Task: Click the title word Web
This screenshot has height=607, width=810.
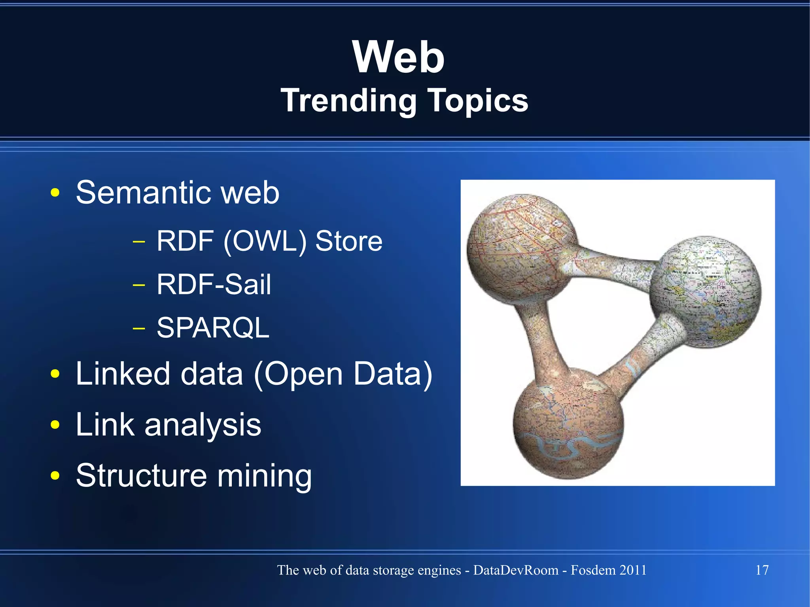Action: tap(399, 57)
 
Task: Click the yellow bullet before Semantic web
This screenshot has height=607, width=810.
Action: tap(55, 193)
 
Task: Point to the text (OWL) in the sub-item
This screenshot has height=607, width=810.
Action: tap(265, 241)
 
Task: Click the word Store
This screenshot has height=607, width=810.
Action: tap(349, 241)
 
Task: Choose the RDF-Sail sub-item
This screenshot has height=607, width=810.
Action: tap(214, 284)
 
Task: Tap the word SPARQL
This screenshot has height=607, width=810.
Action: tap(213, 328)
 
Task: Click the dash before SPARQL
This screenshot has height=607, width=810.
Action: tap(139, 328)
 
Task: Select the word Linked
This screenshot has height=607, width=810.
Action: tap(123, 374)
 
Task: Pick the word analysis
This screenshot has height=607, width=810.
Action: tap(202, 425)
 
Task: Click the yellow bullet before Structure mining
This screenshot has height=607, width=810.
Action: tap(55, 476)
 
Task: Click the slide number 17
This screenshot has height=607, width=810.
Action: tap(762, 570)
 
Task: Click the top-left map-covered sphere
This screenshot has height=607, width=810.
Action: tap(520, 249)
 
